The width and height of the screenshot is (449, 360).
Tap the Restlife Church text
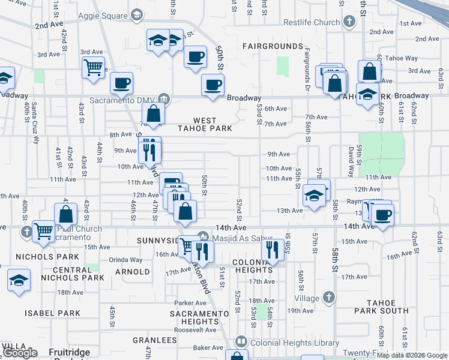[x=312, y=23]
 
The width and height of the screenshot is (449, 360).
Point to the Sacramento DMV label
[x=124, y=100]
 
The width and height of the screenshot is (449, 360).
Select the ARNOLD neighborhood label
[x=131, y=272]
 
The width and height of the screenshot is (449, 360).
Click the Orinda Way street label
[x=125, y=260]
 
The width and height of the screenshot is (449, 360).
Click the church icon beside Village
[x=328, y=297]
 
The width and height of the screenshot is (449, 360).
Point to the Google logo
[x=20, y=353]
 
